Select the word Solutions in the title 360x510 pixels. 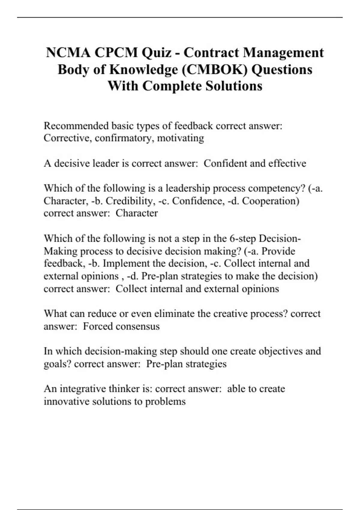click(x=234, y=86)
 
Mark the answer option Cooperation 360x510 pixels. click(x=271, y=201)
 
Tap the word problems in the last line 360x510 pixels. click(x=165, y=401)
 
